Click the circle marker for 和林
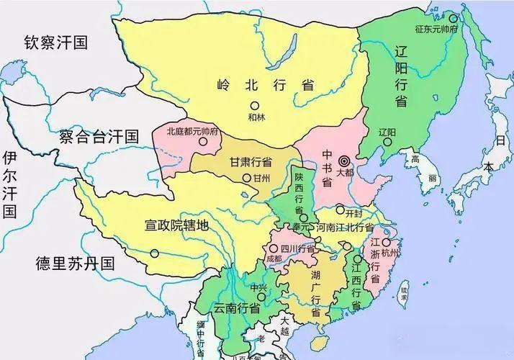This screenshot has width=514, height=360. [254, 106]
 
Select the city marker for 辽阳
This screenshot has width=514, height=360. [387, 142]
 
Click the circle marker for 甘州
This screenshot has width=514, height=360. [247, 177]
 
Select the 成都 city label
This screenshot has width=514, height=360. [274, 257]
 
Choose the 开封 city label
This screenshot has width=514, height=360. [353, 214]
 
